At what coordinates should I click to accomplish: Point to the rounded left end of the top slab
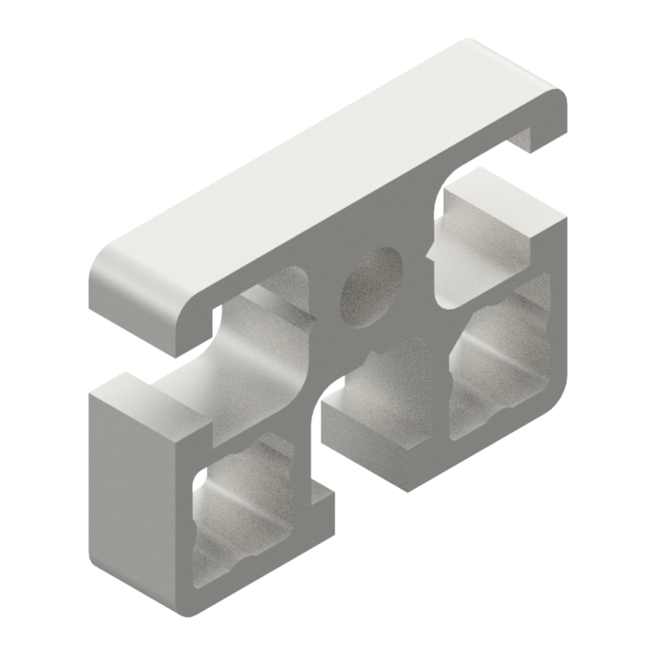(x=106, y=282)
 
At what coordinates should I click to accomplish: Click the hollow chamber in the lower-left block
(x=243, y=512)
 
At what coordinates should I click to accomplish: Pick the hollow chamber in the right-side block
(x=500, y=359)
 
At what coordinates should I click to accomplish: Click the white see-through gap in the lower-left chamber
(x=200, y=477)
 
